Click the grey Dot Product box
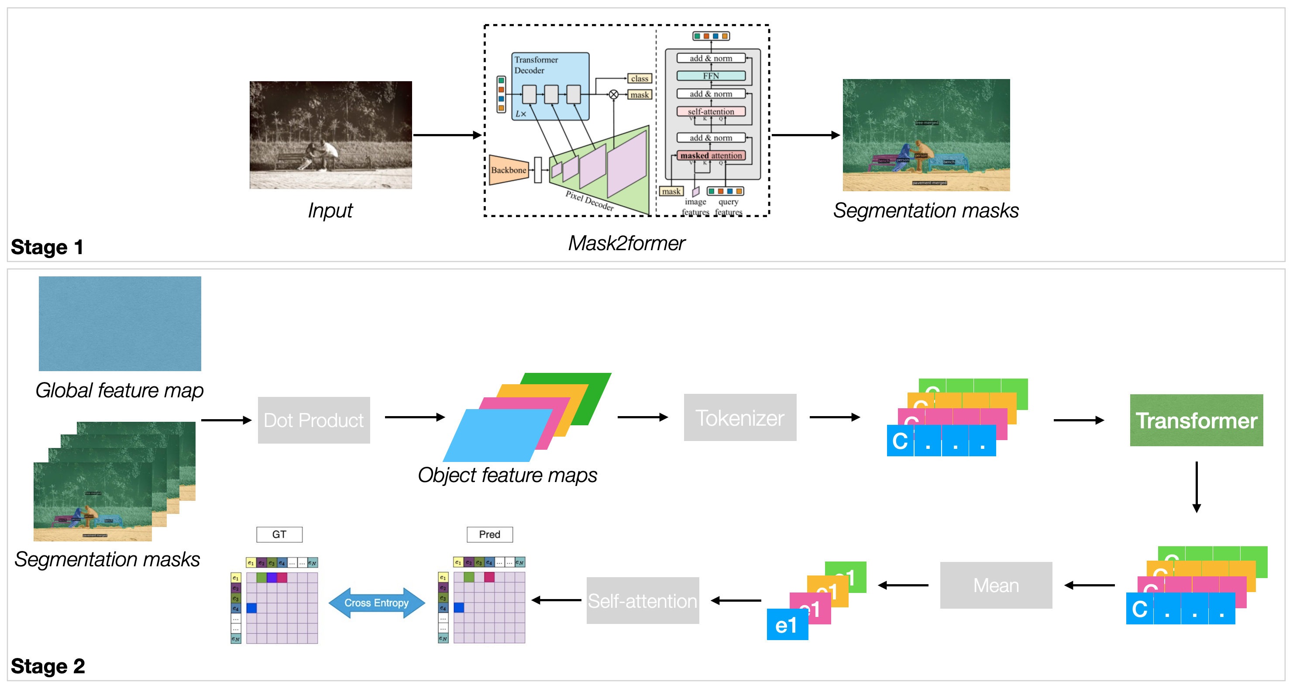[314, 420]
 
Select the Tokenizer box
[739, 417]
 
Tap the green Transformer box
[1196, 420]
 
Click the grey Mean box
[995, 585]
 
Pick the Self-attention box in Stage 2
[643, 601]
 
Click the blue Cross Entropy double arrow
[376, 603]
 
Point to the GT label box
[279, 534]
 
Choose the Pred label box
[489, 534]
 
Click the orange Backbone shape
[508, 170]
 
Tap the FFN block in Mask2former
[711, 76]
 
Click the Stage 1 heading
[47, 247]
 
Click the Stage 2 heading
[48, 666]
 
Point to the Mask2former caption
[626, 243]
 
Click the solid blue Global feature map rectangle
[120, 324]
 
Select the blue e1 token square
[787, 625]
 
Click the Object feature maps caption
[507, 475]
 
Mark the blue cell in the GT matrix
[251, 608]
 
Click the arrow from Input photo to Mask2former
[447, 135]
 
